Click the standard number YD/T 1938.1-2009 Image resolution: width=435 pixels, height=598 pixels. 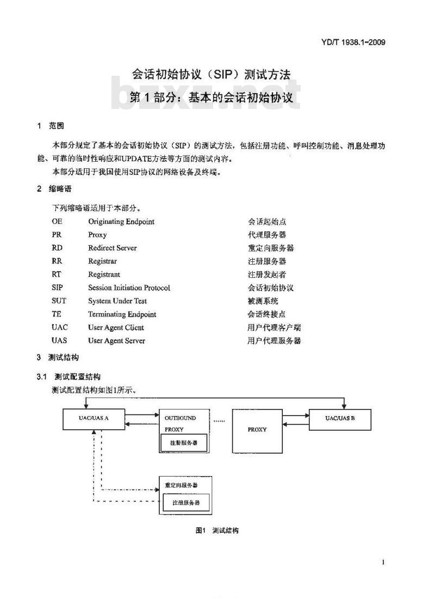tap(353, 42)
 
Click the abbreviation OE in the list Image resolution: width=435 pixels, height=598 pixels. tap(57, 221)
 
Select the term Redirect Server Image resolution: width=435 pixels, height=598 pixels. tap(113, 248)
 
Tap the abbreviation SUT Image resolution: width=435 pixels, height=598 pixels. tap(59, 301)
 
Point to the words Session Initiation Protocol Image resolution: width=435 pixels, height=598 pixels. tap(129, 288)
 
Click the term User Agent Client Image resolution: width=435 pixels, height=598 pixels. tap(116, 327)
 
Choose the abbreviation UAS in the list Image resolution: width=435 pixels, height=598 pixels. tap(59, 340)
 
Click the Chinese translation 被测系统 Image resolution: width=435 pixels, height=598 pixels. tap(263, 301)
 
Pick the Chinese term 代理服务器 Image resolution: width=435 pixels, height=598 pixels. tap(267, 235)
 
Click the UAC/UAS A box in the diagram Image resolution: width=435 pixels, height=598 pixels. tap(94, 419)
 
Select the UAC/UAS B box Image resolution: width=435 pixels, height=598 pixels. tap(340, 419)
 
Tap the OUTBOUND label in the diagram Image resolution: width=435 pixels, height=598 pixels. tap(180, 418)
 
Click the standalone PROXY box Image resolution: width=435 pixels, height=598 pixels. tap(257, 431)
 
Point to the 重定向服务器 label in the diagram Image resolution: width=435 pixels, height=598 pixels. tap(181, 485)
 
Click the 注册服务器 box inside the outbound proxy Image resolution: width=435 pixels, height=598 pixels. tap(184, 443)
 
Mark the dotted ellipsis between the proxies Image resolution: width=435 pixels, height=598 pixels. tap(219, 421)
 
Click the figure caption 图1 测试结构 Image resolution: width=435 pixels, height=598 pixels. tap(217, 530)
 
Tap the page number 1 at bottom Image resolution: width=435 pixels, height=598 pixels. tap(383, 562)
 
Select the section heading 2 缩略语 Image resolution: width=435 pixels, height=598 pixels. tap(54, 188)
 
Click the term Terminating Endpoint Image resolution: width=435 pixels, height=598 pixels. tap(122, 314)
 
